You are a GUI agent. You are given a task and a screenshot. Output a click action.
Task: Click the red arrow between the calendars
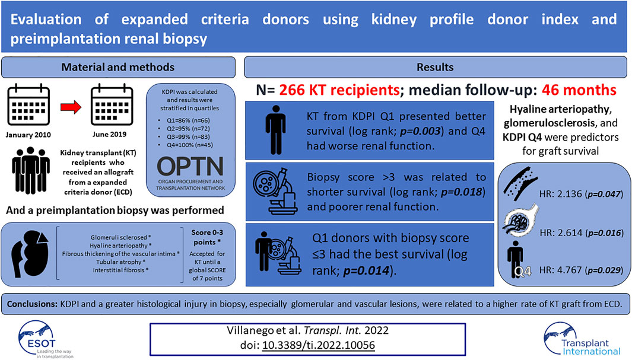point(71,107)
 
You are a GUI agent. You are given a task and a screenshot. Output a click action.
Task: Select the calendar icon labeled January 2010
point(28,105)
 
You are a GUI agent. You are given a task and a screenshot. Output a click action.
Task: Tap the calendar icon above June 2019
point(112,105)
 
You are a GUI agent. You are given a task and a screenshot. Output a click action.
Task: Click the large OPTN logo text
point(190,166)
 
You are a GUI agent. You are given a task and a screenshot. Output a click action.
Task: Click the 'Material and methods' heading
point(117,67)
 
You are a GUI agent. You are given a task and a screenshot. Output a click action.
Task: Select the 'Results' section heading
point(435,67)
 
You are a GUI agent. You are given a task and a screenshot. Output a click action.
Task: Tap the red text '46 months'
point(579,90)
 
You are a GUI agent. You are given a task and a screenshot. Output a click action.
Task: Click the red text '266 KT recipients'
point(339,90)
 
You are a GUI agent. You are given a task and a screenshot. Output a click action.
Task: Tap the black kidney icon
point(30,254)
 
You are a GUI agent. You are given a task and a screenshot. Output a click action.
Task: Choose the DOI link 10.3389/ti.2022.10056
point(319,346)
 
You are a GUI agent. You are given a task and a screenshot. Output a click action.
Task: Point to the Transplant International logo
point(582,339)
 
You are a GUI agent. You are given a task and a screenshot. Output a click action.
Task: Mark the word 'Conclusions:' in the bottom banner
point(32,304)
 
